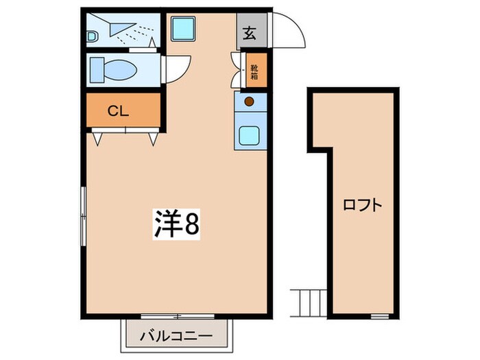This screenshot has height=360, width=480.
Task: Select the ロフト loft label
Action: [x=362, y=205]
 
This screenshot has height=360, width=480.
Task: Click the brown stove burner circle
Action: [x=249, y=102]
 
